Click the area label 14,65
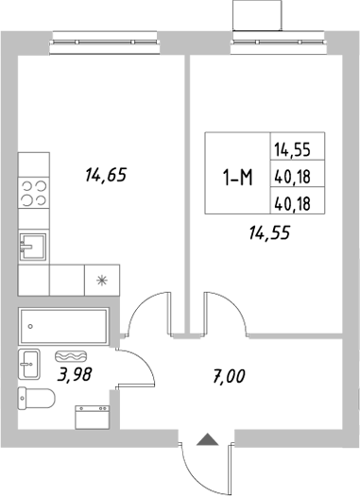pyautogui.click(x=105, y=174)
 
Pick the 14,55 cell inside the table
pyautogui.click(x=297, y=148)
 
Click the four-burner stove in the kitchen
pyautogui.click(x=35, y=194)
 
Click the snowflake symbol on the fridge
pyautogui.click(x=100, y=279)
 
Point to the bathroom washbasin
pyautogui.click(x=28, y=363)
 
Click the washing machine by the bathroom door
pyautogui.click(x=93, y=419)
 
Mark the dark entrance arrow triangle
pyautogui.click(x=208, y=438)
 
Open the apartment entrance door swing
pyautogui.click(x=201, y=468)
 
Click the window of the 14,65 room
pyautogui.click(x=105, y=37)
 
